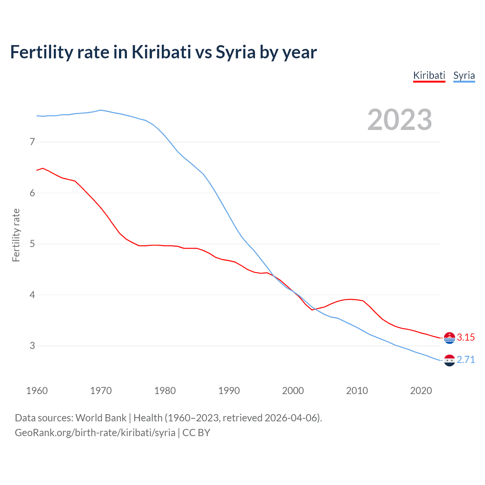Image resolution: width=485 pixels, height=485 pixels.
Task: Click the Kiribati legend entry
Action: [x=429, y=75]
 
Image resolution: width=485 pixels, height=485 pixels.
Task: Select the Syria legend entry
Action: [x=464, y=75]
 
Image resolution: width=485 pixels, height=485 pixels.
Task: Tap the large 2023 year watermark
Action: [x=399, y=120]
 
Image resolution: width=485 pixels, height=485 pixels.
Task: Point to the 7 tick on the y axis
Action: [x=32, y=142]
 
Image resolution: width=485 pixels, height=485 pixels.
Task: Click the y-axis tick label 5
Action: [x=32, y=244]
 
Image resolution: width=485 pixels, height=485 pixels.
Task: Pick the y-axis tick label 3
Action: [x=32, y=346]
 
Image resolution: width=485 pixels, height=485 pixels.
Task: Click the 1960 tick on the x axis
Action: [x=37, y=391]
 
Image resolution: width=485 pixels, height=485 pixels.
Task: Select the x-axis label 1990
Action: [x=229, y=391]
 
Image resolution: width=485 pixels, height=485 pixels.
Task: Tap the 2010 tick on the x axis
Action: [x=357, y=391]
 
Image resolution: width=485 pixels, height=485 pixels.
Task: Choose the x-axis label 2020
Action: [x=421, y=391]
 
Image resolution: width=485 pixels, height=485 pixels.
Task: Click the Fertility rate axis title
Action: [x=16, y=235]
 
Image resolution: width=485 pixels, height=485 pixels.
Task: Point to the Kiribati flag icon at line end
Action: [x=449, y=338]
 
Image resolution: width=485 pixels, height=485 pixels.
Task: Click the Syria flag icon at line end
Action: [x=449, y=360]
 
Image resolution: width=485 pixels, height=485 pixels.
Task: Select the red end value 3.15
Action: [x=466, y=338]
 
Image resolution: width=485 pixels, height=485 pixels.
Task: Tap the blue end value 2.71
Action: [x=466, y=360]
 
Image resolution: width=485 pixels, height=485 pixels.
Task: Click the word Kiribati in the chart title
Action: [x=161, y=52]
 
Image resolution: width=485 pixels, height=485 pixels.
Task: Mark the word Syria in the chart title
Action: [x=236, y=52]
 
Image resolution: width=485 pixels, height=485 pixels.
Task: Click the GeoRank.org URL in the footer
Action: [x=95, y=433]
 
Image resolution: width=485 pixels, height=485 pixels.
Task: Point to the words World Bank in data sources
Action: [x=101, y=418]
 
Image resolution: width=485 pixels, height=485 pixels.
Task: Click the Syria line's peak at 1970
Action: [x=100, y=110]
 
